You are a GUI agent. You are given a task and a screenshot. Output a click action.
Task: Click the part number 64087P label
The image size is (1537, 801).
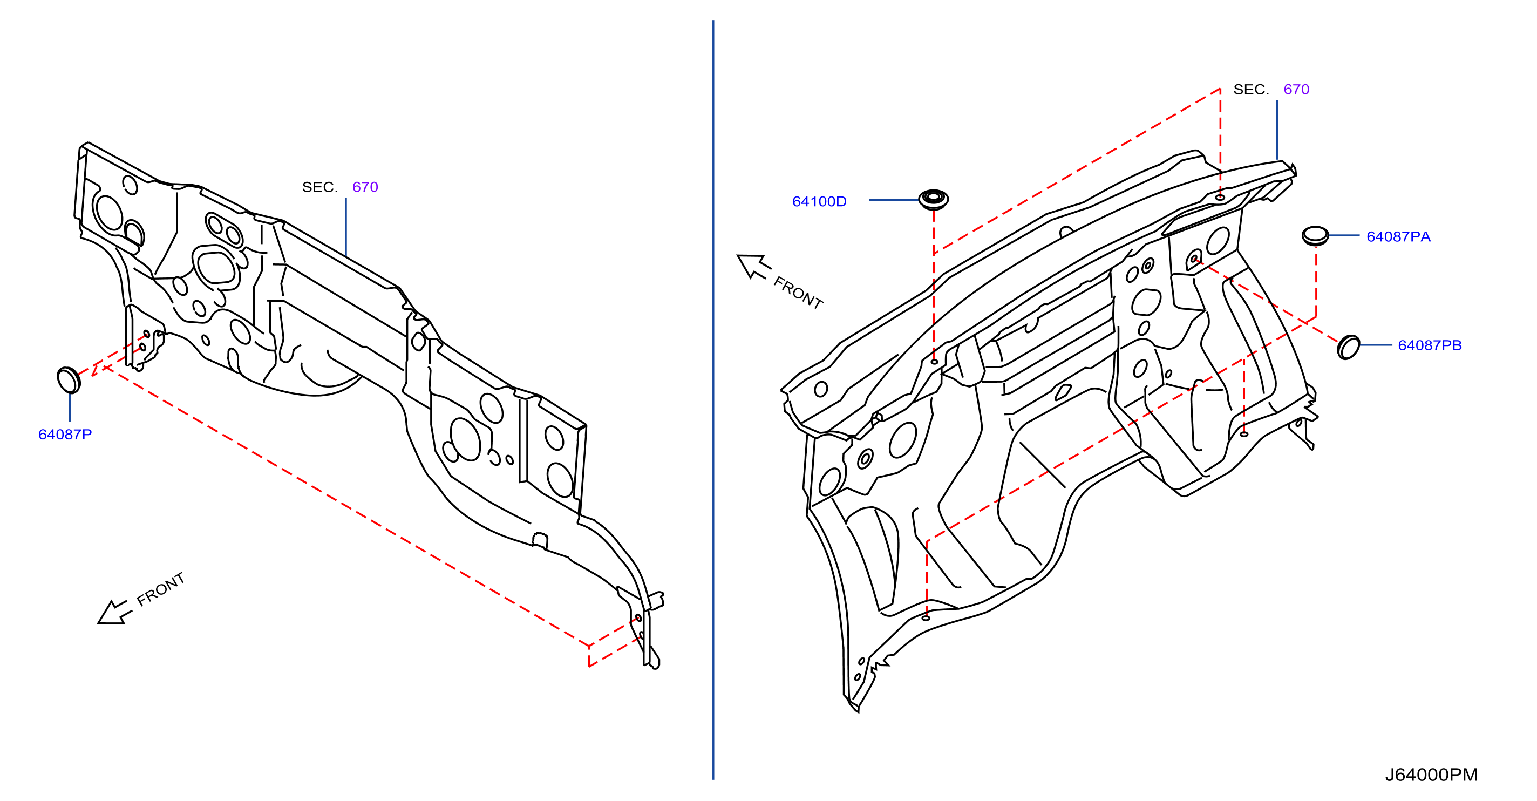65,435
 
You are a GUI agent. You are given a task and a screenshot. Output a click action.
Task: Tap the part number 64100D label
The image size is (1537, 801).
819,202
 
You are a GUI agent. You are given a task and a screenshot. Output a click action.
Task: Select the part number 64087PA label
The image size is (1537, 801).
1399,237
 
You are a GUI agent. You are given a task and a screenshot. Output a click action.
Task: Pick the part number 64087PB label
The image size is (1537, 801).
1430,345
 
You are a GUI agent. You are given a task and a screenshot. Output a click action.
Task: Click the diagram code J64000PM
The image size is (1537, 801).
1431,775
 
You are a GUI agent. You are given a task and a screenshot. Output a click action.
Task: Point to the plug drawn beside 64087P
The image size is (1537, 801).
69,380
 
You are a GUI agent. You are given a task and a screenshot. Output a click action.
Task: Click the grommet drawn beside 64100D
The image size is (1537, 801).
934,199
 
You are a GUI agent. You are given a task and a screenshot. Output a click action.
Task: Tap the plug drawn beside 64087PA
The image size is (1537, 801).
1315,236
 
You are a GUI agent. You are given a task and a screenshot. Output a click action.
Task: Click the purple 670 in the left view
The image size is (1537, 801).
365,187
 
